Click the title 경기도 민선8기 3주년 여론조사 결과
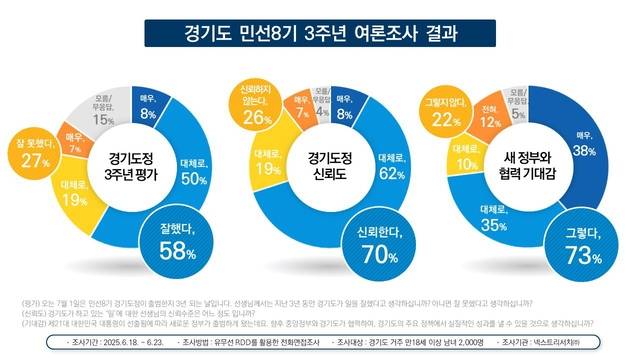(319, 33)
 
